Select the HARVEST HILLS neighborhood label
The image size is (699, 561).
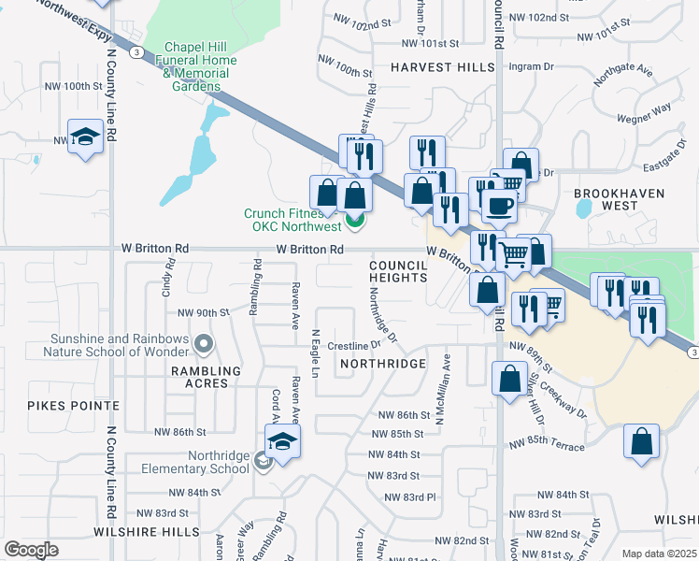[442, 68]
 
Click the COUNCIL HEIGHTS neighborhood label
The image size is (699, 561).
[397, 271]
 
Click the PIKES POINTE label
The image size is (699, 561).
[73, 406]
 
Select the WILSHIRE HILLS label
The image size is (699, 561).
[147, 531]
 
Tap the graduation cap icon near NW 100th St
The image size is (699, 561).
[85, 137]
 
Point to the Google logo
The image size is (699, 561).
[31, 550]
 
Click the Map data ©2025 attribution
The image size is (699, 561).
[659, 554]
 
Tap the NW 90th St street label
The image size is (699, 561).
[203, 312]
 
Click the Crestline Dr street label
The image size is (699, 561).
[350, 346]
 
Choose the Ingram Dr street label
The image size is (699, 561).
[530, 67]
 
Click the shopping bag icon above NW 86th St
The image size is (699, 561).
[509, 379]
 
